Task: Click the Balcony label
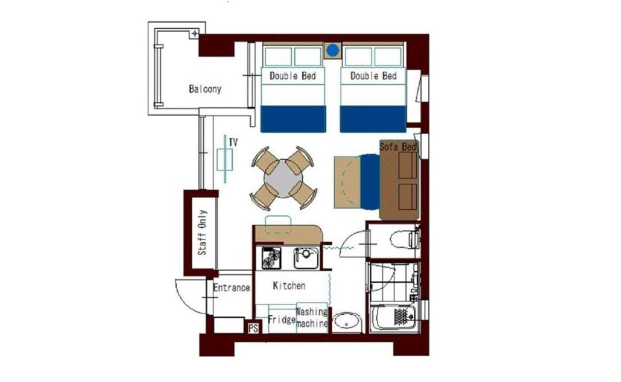click(205, 88)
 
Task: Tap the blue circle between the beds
click(333, 51)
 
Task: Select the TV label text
click(233, 142)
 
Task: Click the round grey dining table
click(283, 179)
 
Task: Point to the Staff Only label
click(202, 233)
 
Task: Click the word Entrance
click(232, 287)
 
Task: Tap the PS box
click(254, 328)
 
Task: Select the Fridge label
click(282, 319)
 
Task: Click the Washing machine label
click(312, 318)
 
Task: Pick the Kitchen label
click(289, 285)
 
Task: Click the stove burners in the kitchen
click(271, 258)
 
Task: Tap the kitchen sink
click(306, 258)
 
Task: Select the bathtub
click(394, 317)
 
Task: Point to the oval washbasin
click(347, 322)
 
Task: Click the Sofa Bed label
click(398, 147)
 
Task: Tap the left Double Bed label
click(293, 76)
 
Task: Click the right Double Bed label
click(374, 76)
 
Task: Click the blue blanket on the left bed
click(293, 119)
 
